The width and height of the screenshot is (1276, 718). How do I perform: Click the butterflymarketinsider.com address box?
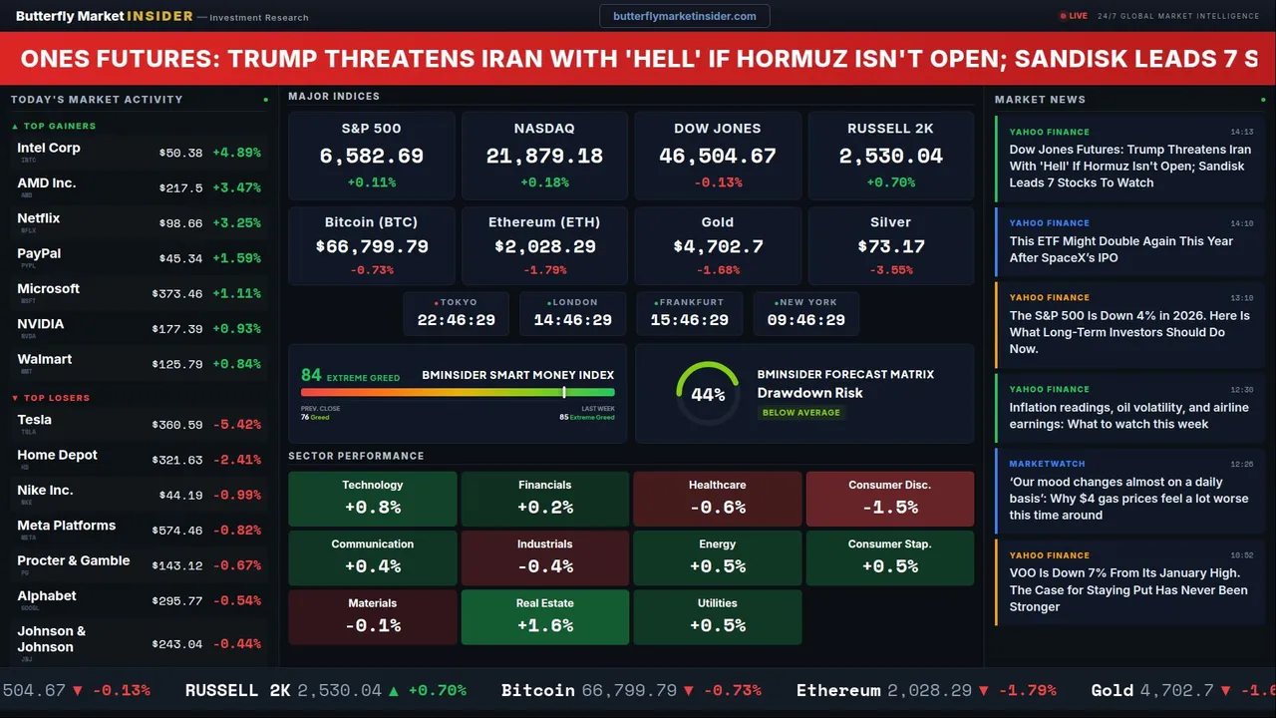click(x=684, y=16)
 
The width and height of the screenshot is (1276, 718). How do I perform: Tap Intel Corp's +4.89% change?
click(x=236, y=153)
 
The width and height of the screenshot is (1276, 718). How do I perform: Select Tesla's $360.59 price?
click(x=179, y=425)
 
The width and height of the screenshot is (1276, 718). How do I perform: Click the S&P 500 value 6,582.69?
click(x=371, y=157)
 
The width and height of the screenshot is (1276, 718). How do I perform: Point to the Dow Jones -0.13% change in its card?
click(x=717, y=182)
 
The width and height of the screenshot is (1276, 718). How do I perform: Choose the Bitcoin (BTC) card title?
click(x=371, y=222)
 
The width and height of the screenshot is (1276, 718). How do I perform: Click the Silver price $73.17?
click(x=890, y=246)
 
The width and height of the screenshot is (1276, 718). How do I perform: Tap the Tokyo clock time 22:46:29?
click(x=456, y=320)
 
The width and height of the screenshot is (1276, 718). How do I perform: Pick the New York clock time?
click(x=805, y=320)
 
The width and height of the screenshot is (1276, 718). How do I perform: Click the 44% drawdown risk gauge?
click(x=708, y=394)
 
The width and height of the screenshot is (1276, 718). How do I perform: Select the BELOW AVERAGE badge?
click(x=800, y=412)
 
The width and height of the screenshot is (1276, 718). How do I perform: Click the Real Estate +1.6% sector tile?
click(x=544, y=617)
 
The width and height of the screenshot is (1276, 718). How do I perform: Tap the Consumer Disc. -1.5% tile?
click(x=889, y=499)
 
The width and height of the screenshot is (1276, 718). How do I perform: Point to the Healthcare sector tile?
click(x=717, y=499)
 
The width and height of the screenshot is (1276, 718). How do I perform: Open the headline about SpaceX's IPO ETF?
click(x=1120, y=249)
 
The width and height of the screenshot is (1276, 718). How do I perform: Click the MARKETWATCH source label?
click(x=1047, y=464)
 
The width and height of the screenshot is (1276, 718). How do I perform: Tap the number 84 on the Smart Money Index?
click(x=311, y=375)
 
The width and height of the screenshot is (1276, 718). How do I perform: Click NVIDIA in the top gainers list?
click(x=41, y=324)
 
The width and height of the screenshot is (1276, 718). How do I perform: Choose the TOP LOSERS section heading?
click(x=56, y=398)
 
